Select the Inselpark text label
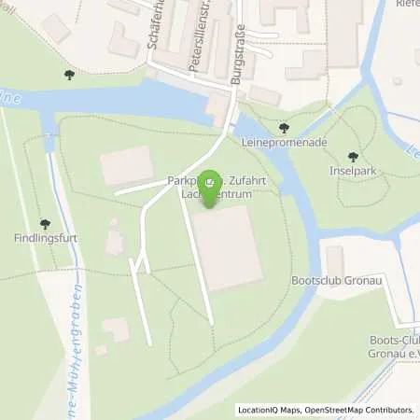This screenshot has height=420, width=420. coord(352,172)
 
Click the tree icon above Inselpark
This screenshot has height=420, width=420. coord(352,157)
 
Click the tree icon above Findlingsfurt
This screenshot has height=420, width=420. coord(44,223)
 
